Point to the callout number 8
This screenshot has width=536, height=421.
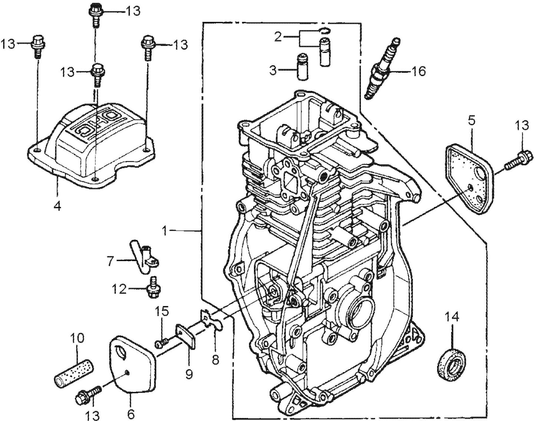[x=216, y=359]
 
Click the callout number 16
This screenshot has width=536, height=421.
[x=419, y=71]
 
